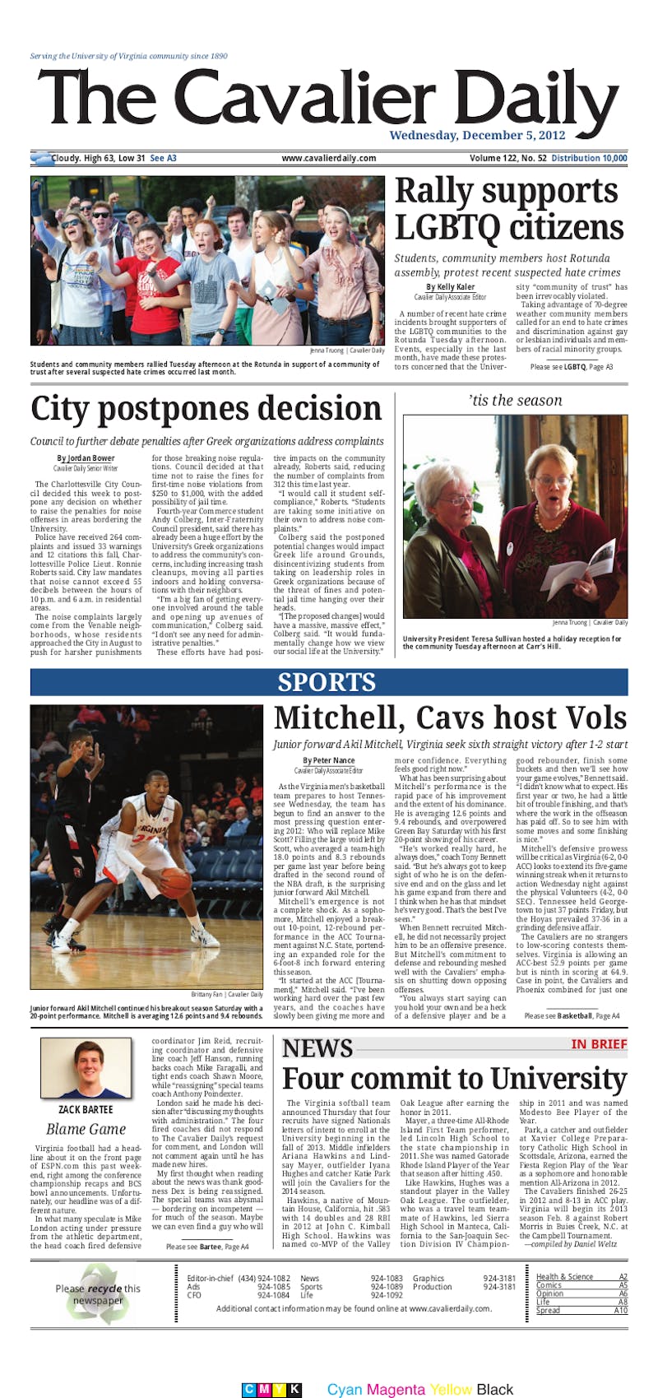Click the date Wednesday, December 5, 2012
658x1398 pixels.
pos(477,135)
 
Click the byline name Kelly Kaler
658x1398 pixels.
pos(450,286)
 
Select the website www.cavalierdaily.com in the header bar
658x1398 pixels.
pos(328,158)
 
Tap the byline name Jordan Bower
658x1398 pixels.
pos(86,458)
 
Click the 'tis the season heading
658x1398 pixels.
pos(515,401)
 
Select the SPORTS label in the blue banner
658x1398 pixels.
pos(327,682)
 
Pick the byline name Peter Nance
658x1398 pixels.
pos(328,760)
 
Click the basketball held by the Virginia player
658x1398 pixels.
pos(174,882)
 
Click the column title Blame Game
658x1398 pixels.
pos(86,1129)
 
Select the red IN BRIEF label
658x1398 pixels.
pos(599,1044)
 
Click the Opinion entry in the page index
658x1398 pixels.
pos(549,1293)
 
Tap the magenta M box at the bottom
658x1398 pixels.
pos(263,1367)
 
